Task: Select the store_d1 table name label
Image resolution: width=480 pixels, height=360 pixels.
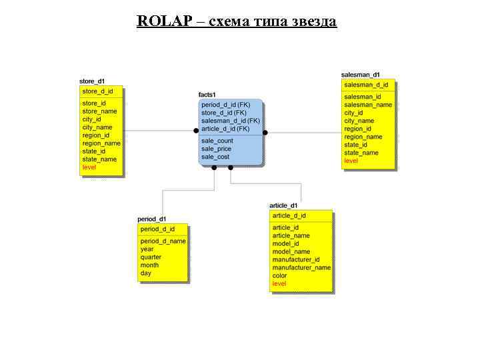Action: (x=92, y=81)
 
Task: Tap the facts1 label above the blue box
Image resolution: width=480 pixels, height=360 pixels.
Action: (x=207, y=95)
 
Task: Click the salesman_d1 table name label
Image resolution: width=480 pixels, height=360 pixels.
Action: (x=361, y=75)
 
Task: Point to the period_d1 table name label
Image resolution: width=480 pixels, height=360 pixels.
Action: (x=152, y=219)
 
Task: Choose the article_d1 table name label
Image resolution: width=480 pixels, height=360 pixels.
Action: (x=283, y=205)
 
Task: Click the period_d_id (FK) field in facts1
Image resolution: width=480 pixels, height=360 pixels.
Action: (x=225, y=105)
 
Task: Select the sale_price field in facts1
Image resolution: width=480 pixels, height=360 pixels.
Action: (x=216, y=149)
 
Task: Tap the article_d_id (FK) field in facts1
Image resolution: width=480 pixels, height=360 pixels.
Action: (x=225, y=129)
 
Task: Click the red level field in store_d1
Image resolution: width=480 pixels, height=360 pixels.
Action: (x=89, y=167)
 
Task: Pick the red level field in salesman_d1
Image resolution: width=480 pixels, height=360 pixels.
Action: (x=351, y=161)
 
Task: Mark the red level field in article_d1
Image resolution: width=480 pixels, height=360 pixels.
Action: (x=279, y=284)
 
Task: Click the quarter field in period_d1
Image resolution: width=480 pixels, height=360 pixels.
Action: (x=151, y=257)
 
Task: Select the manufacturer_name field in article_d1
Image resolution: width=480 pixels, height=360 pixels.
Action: (x=301, y=268)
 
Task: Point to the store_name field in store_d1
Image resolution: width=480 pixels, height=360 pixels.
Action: (x=99, y=111)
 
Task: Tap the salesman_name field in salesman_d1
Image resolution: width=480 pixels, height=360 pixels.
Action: (x=368, y=105)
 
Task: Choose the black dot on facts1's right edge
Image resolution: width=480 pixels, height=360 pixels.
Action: (x=265, y=133)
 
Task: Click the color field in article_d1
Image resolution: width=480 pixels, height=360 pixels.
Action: (x=279, y=276)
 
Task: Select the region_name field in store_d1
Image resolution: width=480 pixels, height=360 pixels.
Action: (x=101, y=143)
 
